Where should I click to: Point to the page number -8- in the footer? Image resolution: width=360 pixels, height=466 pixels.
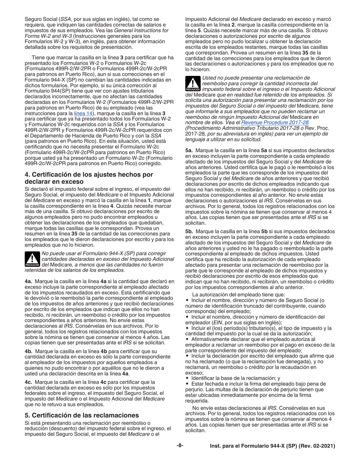(x=180, y=446)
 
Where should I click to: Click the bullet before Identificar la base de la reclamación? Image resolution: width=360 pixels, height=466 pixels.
(x=187, y=378)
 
